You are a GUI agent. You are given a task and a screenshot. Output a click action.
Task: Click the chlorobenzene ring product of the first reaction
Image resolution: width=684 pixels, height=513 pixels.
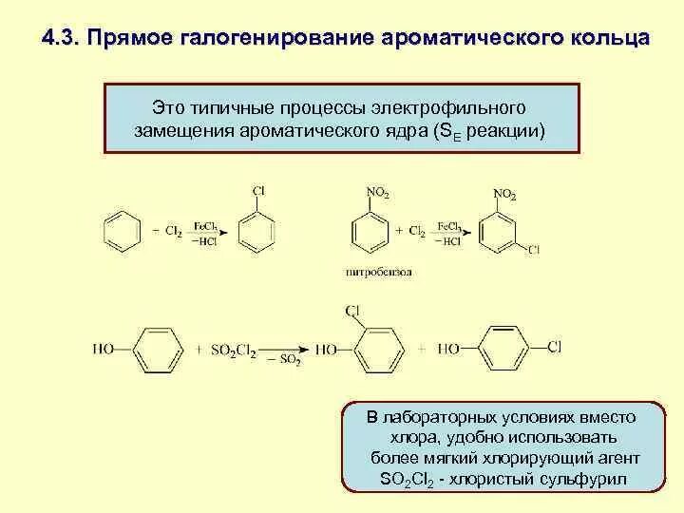[x=257, y=231]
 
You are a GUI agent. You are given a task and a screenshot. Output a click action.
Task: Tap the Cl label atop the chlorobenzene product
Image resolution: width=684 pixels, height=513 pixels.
[x=257, y=191]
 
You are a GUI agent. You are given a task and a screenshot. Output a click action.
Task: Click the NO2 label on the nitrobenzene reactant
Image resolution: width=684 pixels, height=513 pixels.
[x=377, y=193]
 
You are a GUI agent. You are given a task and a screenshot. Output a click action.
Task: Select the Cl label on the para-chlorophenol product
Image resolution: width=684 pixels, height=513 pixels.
[x=554, y=347]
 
